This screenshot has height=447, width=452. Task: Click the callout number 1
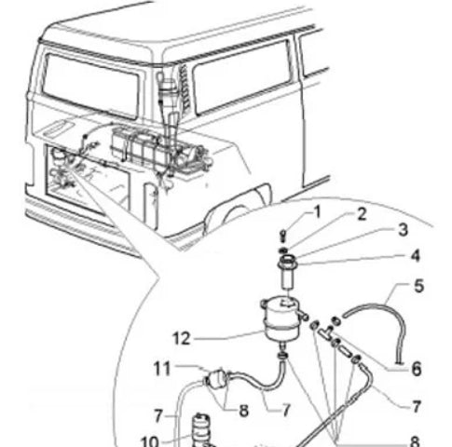[317, 212]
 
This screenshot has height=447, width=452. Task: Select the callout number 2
[362, 214]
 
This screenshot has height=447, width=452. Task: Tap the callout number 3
[403, 230]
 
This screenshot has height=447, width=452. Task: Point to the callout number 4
[416, 256]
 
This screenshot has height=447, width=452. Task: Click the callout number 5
[418, 286]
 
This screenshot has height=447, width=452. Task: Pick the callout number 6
[417, 369]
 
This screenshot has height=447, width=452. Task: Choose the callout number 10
[150, 440]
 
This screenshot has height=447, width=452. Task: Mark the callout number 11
[162, 369]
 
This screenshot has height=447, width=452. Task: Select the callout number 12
[181, 338]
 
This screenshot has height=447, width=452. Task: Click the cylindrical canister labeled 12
[278, 319]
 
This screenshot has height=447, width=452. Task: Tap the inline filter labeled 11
[216, 378]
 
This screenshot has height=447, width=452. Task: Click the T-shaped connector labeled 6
[325, 333]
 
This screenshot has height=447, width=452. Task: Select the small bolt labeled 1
[282, 235]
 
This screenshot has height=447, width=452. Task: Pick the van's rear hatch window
[90, 86]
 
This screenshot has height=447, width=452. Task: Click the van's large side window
[242, 77]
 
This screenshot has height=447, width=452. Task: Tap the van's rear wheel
[231, 214]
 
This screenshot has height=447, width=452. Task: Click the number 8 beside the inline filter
[243, 411]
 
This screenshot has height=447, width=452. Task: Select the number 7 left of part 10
[158, 415]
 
